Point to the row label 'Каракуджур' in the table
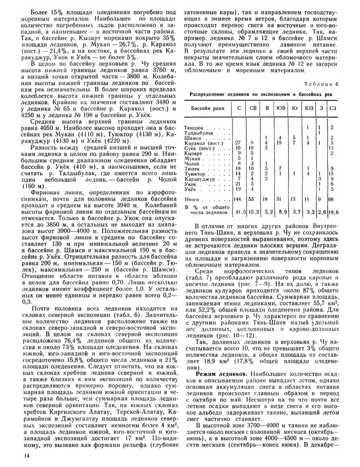(x=202, y=178)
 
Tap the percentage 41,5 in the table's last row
(x=239, y=212)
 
